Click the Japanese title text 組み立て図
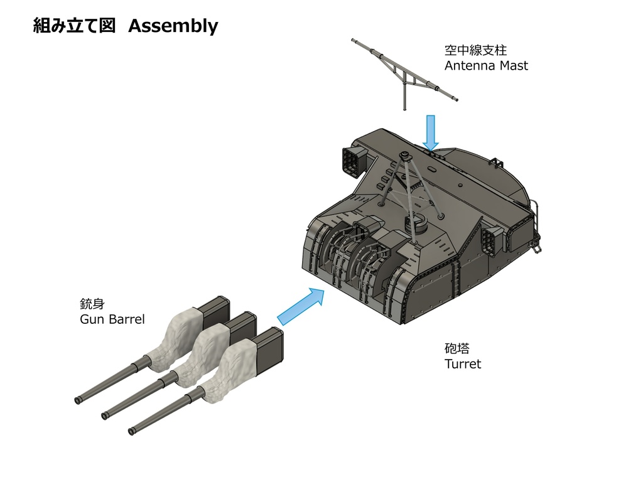74,26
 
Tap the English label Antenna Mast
486,65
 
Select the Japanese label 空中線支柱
475,50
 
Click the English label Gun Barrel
112,319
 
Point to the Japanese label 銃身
92,304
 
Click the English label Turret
463,364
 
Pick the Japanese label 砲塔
457,349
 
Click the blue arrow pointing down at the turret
430,131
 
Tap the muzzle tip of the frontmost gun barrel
132,431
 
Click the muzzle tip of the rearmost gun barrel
78,400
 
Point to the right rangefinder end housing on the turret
492,240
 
